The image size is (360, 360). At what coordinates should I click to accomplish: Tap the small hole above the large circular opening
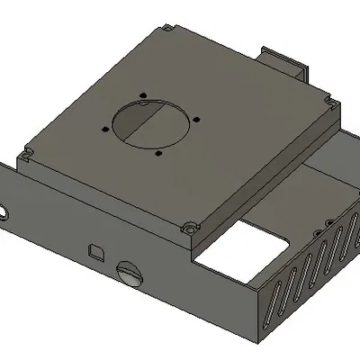(143, 94)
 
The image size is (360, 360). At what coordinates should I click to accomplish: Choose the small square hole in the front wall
(95, 248)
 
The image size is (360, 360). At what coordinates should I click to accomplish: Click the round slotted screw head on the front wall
(130, 272)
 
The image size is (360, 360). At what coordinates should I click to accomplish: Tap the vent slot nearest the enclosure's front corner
(268, 306)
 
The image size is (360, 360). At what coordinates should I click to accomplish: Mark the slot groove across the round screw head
(130, 270)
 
